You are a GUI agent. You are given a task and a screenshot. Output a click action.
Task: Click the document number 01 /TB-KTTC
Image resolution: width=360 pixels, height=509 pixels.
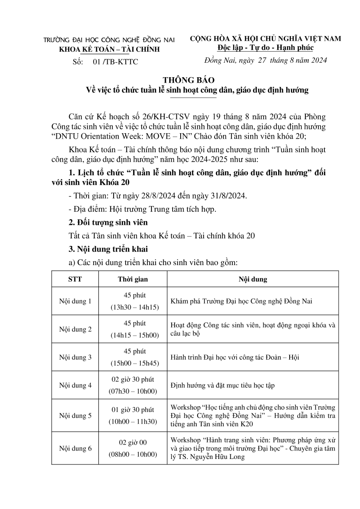115,62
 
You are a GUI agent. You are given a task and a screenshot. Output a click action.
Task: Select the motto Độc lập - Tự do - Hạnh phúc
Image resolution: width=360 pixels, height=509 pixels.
265,47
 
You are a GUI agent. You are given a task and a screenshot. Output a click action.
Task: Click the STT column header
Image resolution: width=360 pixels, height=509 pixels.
75,280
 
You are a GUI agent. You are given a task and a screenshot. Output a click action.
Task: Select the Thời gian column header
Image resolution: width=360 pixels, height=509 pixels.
133,280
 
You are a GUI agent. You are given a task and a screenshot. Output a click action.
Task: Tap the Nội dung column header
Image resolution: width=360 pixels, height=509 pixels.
253,280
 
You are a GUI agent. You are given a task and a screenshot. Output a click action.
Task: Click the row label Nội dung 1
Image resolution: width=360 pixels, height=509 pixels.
75,301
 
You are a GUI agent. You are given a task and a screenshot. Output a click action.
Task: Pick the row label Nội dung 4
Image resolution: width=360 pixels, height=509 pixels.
75,386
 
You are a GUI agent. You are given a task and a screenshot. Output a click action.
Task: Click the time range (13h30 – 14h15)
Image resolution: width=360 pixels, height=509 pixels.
133,307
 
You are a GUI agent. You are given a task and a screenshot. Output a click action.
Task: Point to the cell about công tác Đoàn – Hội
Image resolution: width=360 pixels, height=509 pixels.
234,357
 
